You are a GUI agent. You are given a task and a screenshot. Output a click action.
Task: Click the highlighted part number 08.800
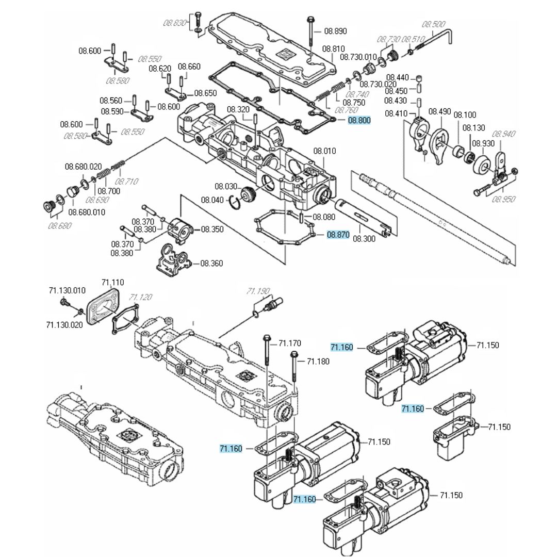[x=359, y=121]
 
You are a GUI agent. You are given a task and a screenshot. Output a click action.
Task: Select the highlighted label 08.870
[x=338, y=235]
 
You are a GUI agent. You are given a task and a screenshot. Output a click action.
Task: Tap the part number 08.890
[x=335, y=31]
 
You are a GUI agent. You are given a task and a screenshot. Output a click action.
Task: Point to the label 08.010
[x=325, y=151]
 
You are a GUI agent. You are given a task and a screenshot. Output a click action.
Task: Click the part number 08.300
[x=364, y=239]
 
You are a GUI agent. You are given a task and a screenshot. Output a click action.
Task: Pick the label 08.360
[x=211, y=263]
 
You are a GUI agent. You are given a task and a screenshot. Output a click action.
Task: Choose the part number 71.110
[x=112, y=282]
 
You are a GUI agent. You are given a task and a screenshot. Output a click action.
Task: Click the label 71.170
[x=290, y=343]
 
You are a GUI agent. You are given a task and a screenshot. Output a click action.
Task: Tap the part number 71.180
[x=318, y=361]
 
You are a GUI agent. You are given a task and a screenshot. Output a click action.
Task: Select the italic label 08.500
[x=434, y=24]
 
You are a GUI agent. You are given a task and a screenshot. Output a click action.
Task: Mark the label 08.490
[x=439, y=111]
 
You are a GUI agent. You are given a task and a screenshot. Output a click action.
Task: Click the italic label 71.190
[x=258, y=291]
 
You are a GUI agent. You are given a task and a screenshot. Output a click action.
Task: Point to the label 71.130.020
[x=65, y=324]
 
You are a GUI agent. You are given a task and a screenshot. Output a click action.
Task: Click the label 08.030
[x=226, y=186]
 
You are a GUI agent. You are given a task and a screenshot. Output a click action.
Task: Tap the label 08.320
[x=238, y=109]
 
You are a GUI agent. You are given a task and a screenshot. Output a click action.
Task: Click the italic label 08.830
[x=174, y=23]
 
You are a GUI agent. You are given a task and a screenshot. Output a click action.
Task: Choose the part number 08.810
[x=334, y=48]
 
